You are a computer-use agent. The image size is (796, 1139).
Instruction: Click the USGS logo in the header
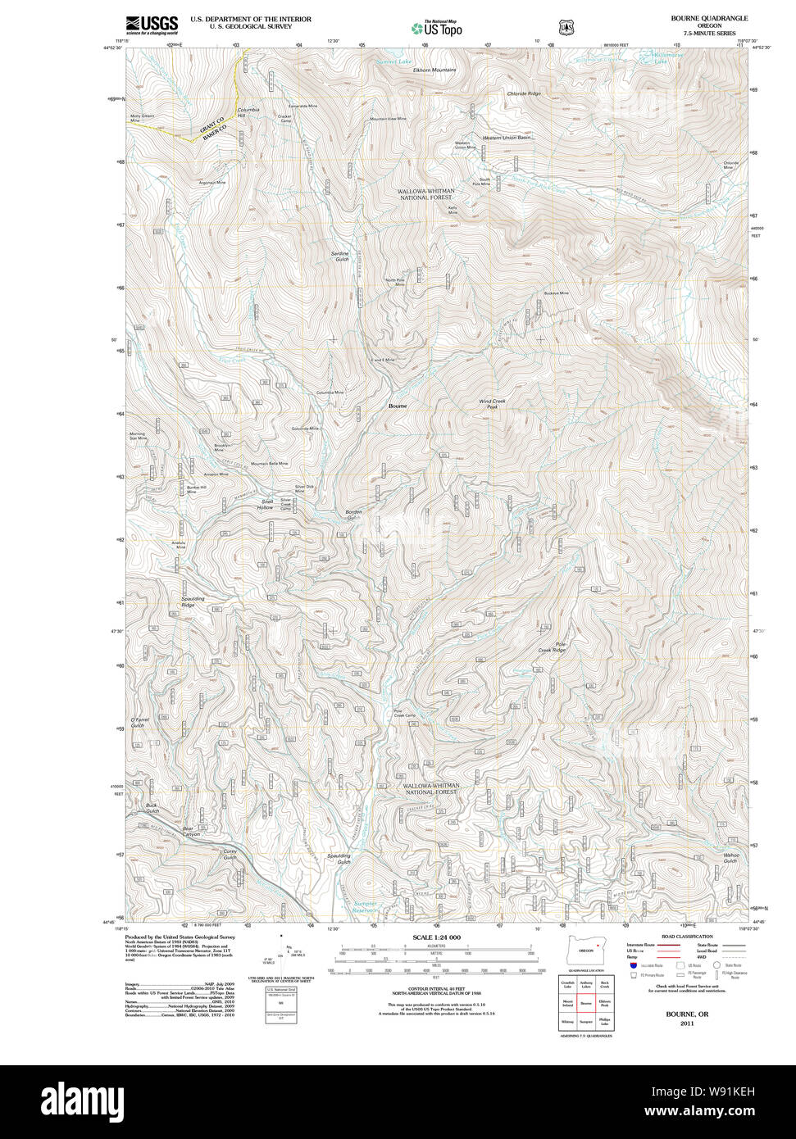(152, 25)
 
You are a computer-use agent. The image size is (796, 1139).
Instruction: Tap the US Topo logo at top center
(436, 28)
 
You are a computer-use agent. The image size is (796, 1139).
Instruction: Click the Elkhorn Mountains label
(434, 70)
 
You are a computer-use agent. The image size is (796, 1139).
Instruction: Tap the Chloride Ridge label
(524, 94)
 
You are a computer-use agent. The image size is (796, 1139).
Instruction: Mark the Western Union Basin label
(507, 138)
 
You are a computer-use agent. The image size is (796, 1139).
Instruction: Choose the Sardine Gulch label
(339, 256)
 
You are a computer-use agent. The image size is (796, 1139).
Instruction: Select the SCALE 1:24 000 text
(436, 937)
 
